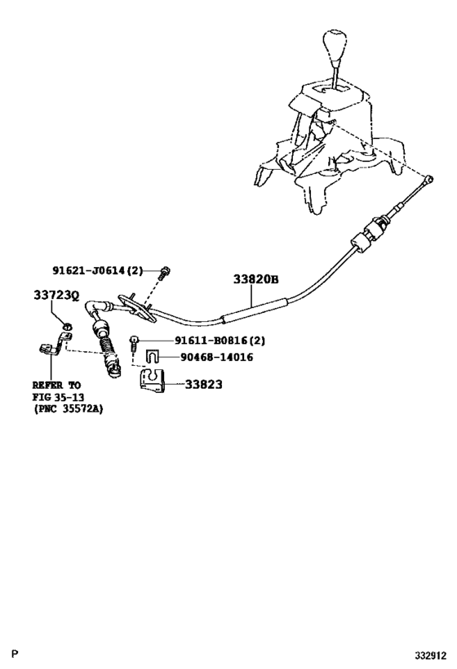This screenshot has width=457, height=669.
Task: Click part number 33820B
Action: pyautogui.click(x=256, y=279)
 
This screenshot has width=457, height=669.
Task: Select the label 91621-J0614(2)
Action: pyautogui.click(x=108, y=270)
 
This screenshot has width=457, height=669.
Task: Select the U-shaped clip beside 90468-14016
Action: pyautogui.click(x=152, y=356)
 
